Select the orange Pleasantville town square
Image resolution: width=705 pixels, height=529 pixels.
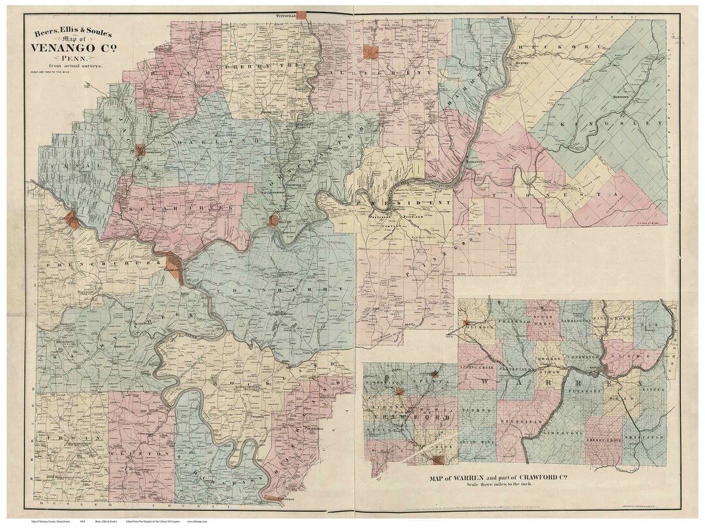371,53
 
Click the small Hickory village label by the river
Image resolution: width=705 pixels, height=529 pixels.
521,63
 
